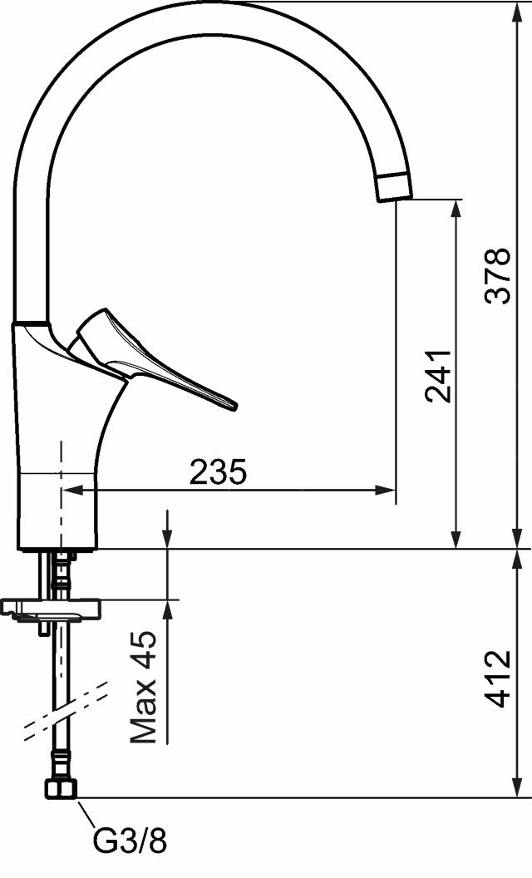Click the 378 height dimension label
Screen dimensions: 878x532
(498, 275)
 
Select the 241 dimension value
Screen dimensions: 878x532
(438, 375)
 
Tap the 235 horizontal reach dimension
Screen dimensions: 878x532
(219, 472)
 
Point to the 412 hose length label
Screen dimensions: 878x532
(498, 678)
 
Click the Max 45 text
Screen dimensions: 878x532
(143, 687)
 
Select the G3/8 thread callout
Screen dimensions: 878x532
(130, 841)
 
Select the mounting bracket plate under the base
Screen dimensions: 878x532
(50, 609)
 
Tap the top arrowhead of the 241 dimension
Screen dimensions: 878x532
(456, 208)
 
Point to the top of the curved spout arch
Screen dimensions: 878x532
(208, 17)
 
